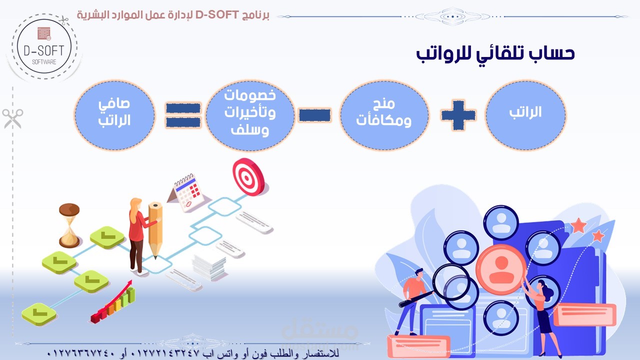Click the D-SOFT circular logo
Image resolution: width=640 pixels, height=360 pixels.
[x=44, y=46]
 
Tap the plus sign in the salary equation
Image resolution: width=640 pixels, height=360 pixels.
[x=458, y=115]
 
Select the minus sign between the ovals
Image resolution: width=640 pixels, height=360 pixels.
[x=314, y=115]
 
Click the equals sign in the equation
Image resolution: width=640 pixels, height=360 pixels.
[x=183, y=115]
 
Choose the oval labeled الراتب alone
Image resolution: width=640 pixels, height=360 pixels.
[x=525, y=115]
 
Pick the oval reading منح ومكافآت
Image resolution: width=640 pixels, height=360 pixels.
[x=384, y=115]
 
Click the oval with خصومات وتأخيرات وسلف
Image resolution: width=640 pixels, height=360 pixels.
[x=249, y=115]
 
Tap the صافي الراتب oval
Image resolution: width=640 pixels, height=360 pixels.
[x=114, y=115]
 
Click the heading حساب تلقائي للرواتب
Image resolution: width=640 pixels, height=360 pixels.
[x=495, y=54]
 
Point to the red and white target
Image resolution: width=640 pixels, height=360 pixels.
[x=248, y=177]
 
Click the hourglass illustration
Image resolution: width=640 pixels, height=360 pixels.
[x=69, y=225]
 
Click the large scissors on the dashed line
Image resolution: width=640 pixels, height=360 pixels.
[x=12, y=118]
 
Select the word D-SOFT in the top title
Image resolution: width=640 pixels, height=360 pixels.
[x=217, y=14]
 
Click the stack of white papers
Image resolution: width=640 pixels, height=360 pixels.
[x=209, y=267]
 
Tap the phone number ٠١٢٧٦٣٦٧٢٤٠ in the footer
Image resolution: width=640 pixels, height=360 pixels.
[x=80, y=353]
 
